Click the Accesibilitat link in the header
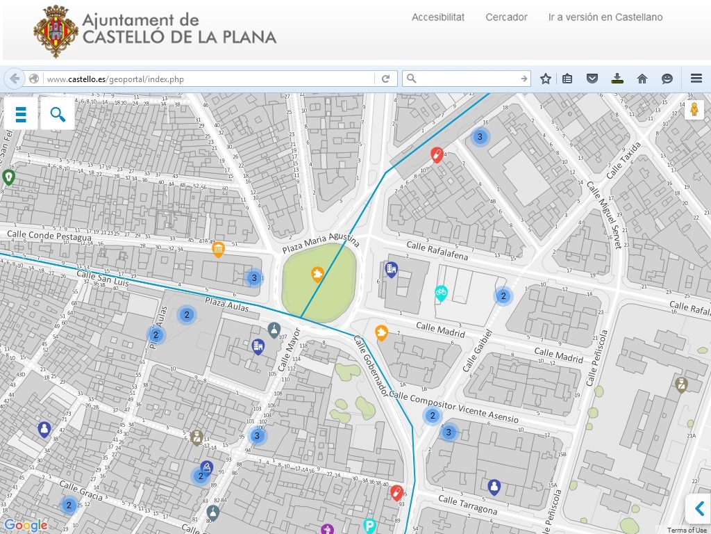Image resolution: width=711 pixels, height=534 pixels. pos(437,17)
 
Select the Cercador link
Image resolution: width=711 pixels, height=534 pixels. pos(506,17)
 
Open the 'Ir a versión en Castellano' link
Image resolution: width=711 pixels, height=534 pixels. pos(605,17)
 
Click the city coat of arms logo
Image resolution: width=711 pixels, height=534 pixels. pos(56,31)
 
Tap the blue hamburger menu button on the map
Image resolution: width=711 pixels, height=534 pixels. pos(21,114)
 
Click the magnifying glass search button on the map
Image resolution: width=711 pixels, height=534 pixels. pos(58,114)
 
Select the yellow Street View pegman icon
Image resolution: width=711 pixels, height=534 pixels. pos(694,110)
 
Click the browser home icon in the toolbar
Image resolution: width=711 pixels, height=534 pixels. pos(642,79)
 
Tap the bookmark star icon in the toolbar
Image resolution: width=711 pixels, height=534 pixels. pos(546,79)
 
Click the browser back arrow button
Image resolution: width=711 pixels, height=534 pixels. pos(15,79)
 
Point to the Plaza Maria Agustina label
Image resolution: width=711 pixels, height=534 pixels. pos(321,243)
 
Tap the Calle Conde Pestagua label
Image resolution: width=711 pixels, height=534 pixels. pos(49,236)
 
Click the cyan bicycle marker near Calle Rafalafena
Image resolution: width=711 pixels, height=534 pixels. pos(441,293)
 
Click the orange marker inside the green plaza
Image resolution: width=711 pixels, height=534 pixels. pos(317,275)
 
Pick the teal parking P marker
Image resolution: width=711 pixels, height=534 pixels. pos(370,526)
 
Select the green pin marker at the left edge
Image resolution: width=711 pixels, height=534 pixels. pos(8,177)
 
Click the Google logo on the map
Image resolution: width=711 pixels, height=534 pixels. pos(26,526)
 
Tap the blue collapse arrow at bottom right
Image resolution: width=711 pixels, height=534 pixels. pos(699,508)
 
